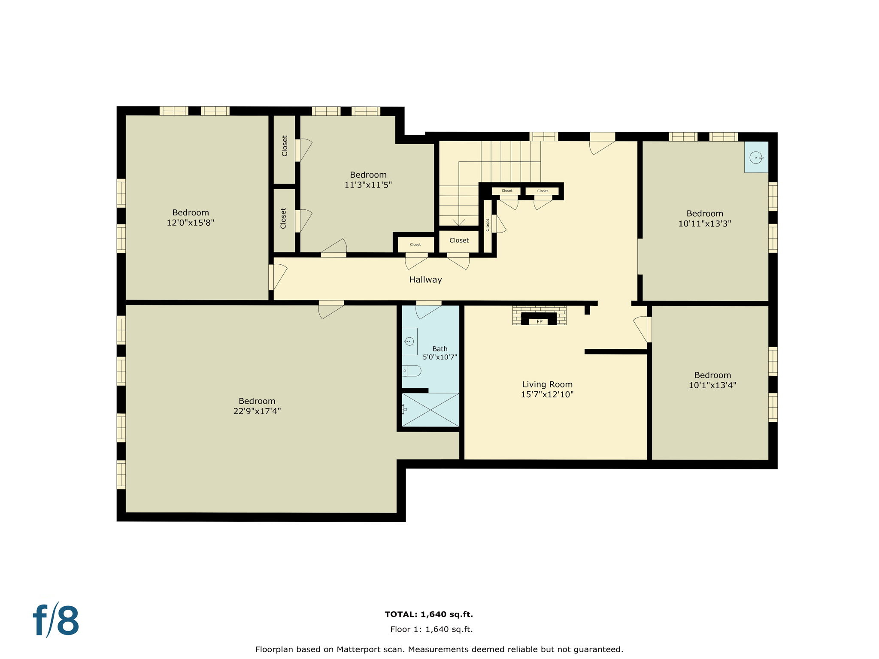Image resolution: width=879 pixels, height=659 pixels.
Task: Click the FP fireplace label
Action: click(539, 321)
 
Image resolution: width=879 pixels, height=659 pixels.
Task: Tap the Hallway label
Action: click(425, 280)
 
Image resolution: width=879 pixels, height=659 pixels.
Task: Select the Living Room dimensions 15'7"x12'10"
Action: click(547, 394)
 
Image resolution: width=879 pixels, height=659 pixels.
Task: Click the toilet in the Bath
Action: click(412, 371)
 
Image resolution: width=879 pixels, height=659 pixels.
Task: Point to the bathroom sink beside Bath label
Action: click(409, 342)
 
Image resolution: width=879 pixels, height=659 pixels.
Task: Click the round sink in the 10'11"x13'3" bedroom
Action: click(756, 157)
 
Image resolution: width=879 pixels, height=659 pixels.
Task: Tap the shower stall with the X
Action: click(430, 410)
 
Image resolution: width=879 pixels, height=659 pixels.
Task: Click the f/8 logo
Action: click(56, 620)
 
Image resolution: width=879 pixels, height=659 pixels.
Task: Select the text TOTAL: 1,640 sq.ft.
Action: click(429, 614)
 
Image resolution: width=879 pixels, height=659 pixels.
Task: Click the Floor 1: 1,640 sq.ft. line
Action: click(431, 629)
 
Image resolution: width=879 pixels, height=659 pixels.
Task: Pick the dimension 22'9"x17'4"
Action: click(257, 411)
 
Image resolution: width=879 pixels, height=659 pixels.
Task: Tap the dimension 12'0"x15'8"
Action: click(190, 222)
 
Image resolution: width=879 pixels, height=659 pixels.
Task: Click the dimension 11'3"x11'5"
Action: click(368, 185)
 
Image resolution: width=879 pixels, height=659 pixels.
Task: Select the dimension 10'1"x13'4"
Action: click(712, 385)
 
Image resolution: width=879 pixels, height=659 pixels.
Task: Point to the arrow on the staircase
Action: click(459, 222)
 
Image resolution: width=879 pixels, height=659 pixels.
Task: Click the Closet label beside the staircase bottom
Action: click(459, 240)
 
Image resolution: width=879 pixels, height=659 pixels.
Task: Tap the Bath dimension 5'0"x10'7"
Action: click(439, 357)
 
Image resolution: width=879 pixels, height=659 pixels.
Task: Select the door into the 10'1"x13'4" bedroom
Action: click(642, 329)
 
